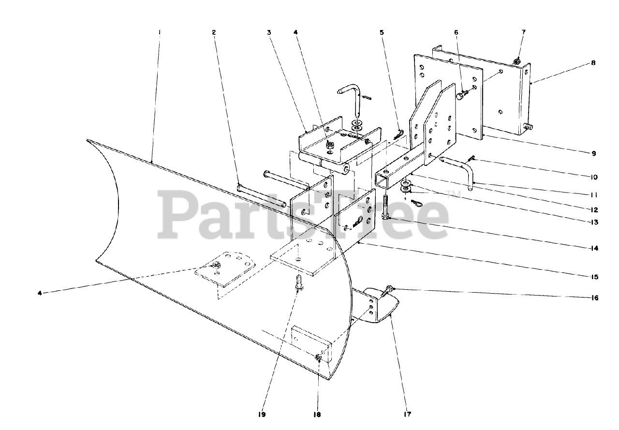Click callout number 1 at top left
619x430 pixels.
pyautogui.click(x=159, y=32)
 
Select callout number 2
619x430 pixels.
pyautogui.click(x=214, y=32)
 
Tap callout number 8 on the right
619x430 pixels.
pyautogui.click(x=593, y=63)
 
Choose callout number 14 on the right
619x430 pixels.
pyautogui.click(x=594, y=249)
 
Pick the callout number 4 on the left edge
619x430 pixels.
pyautogui.click(x=41, y=292)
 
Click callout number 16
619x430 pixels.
pyautogui.click(x=594, y=298)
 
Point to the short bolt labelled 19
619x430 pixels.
pyautogui.click(x=298, y=282)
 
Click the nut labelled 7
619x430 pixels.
pyautogui.click(x=516, y=61)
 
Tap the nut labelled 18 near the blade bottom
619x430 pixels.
pyautogui.click(x=318, y=357)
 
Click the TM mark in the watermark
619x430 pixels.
pyautogui.click(x=453, y=196)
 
